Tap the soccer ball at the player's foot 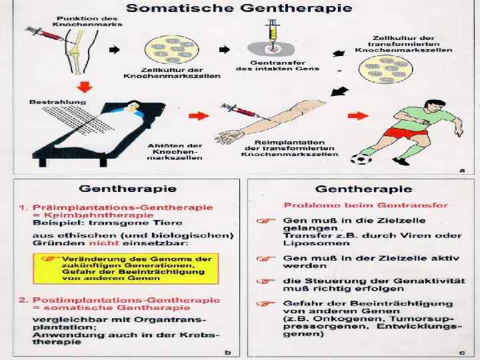coord(361,159)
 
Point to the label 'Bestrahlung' coord(51,101)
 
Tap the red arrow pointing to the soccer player coord(357,116)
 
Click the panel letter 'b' coord(228,351)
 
